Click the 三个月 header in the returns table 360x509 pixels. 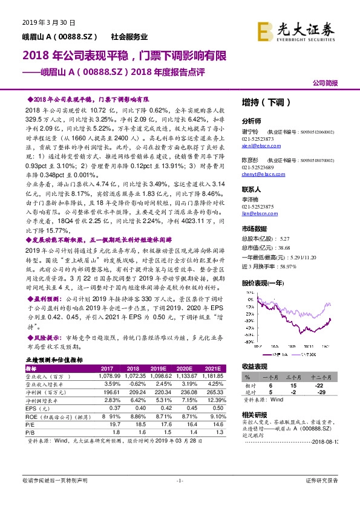(x=295, y=376)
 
